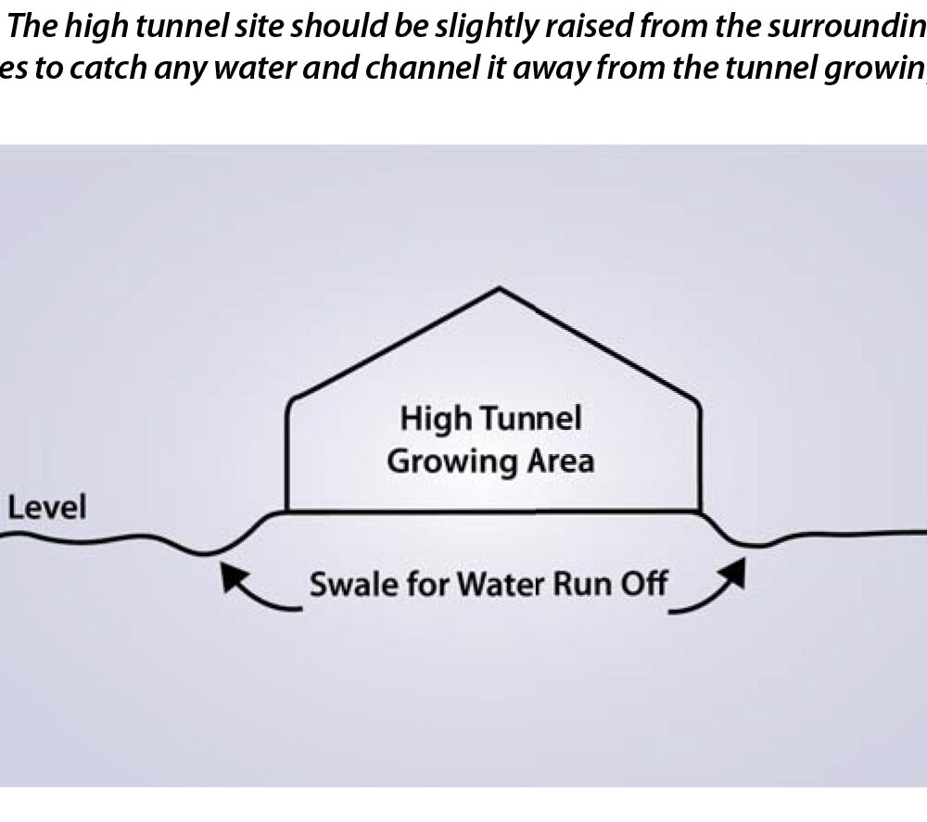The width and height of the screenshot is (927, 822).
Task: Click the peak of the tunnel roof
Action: (500, 290)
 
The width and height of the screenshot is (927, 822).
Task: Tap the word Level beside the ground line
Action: (46, 508)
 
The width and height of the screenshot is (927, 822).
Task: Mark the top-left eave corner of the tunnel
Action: (292, 400)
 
